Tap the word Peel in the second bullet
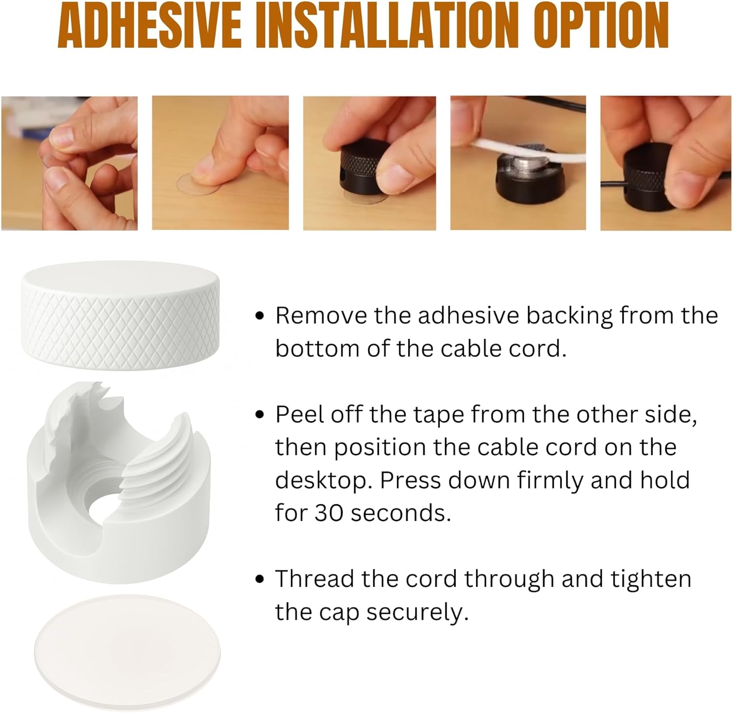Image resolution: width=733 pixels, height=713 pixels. [300, 414]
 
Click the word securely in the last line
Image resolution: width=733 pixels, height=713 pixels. [417, 612]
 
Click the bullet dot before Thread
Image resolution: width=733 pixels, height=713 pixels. [260, 579]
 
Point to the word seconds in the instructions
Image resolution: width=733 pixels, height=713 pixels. [401, 513]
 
